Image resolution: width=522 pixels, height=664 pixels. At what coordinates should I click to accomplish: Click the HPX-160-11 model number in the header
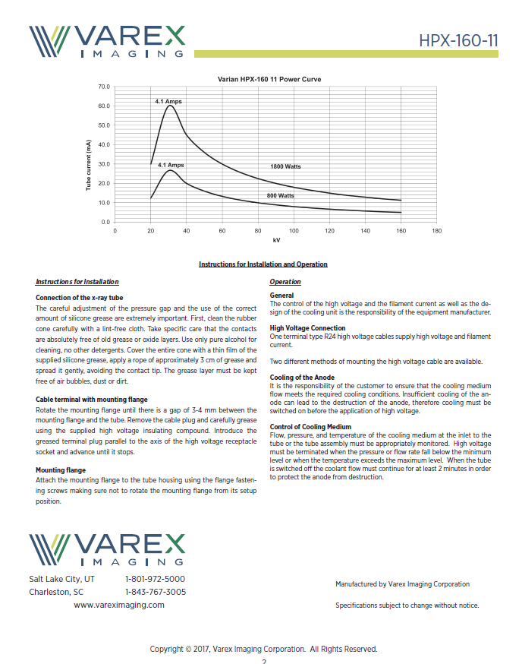[x=458, y=40]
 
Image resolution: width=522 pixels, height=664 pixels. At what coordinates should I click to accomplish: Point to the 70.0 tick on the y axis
[x=104, y=87]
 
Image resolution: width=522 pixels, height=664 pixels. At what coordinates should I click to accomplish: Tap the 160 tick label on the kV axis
[x=401, y=229]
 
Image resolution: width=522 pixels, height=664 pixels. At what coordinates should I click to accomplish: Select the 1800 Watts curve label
[x=286, y=166]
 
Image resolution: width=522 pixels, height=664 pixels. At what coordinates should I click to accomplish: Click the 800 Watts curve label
[x=280, y=195]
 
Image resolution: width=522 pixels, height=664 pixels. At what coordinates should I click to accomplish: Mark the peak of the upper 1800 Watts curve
[x=171, y=106]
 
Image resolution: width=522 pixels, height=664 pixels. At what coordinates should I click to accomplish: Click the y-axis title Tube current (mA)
[x=89, y=164]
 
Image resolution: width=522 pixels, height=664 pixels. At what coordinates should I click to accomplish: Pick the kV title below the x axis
[x=276, y=240]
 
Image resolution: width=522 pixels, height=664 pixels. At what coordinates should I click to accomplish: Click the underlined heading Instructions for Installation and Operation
[x=263, y=264]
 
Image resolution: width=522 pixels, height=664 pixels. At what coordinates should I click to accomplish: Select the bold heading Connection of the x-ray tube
[x=79, y=298]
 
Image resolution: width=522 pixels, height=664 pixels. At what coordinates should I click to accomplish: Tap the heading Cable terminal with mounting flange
[x=91, y=399]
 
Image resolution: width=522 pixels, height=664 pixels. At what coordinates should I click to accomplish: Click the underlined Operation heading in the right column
[x=285, y=282]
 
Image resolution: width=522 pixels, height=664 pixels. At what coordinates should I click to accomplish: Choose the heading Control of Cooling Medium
[x=310, y=427]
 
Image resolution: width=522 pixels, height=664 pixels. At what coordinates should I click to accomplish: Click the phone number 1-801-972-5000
[x=155, y=579]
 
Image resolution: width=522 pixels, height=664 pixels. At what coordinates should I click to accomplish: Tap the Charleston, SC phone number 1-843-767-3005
[x=155, y=592]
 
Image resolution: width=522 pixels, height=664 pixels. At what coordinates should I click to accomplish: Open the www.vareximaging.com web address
[x=118, y=605]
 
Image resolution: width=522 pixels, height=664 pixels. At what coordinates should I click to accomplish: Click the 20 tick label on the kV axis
[x=151, y=229]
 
